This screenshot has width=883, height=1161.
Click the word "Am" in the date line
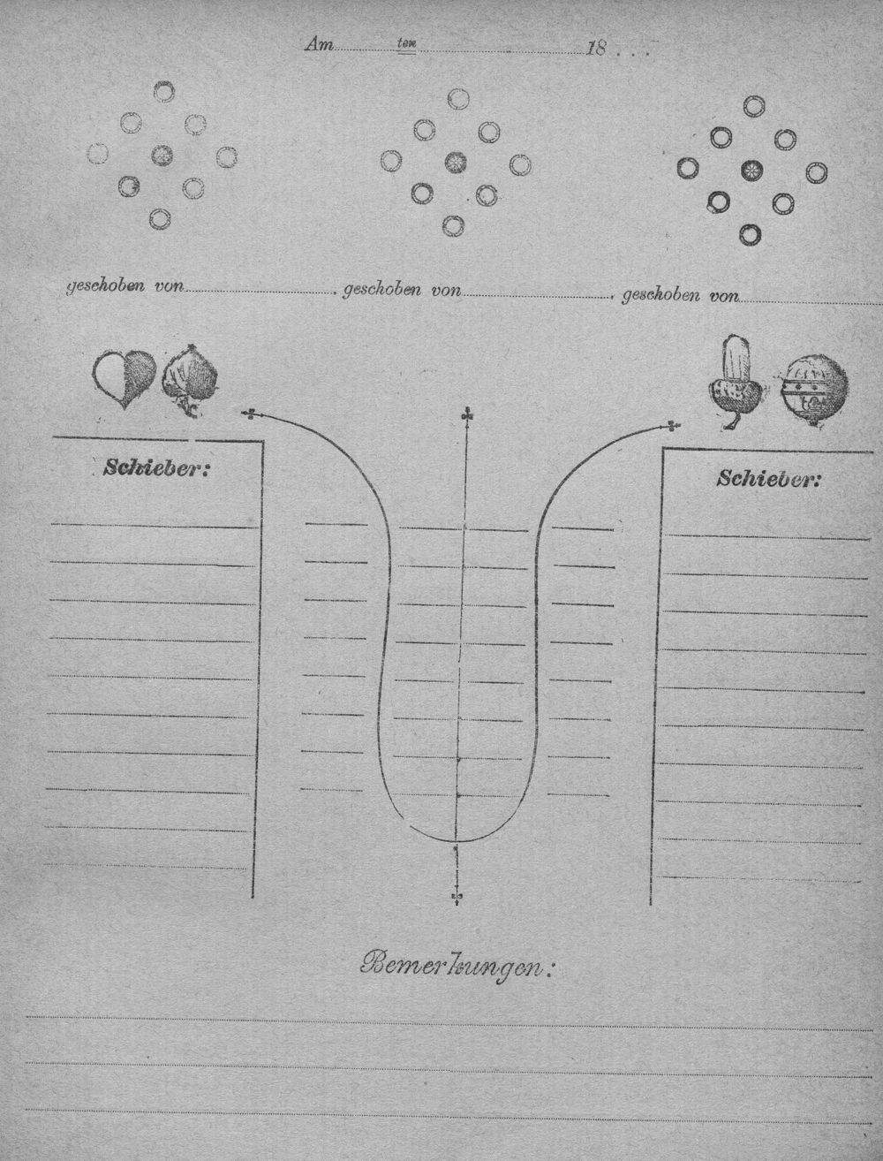[319, 45]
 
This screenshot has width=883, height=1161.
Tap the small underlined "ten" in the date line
[406, 45]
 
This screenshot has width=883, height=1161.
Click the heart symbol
[125, 377]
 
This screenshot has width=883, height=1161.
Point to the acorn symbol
[736, 381]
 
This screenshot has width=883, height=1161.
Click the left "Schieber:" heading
[156, 468]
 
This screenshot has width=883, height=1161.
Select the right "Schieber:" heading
[769, 479]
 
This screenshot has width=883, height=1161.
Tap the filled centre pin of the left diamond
[162, 155]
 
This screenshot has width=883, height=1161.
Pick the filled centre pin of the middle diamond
[455, 163]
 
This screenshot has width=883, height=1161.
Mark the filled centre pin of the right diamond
[751, 171]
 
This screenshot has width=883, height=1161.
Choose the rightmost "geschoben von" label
[682, 295]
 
